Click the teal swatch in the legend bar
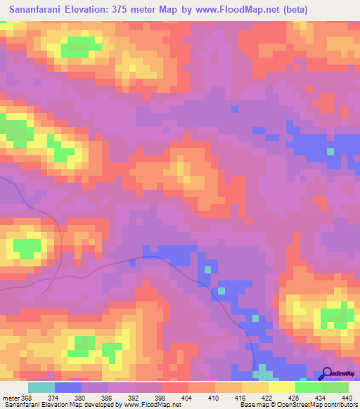[41, 387]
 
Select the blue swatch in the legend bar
[68, 387]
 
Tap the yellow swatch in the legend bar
[282, 387]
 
